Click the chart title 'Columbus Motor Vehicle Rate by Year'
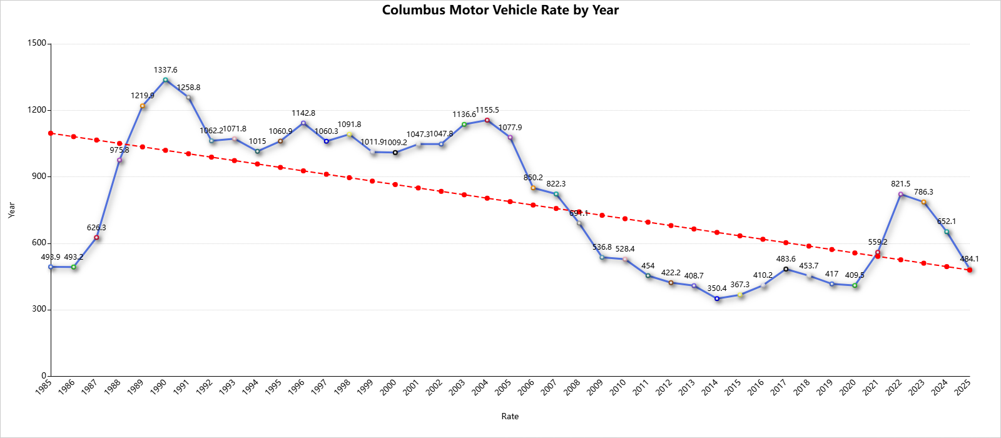500,11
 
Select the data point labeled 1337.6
166,80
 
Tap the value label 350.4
717,288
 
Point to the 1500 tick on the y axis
38,43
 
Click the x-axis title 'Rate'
510,416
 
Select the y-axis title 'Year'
11,210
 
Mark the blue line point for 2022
901,194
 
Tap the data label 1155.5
487,110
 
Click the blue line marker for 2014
717,298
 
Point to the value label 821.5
901,184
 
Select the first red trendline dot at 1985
51,133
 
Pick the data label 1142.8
303,113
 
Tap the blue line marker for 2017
786,269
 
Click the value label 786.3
923,192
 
